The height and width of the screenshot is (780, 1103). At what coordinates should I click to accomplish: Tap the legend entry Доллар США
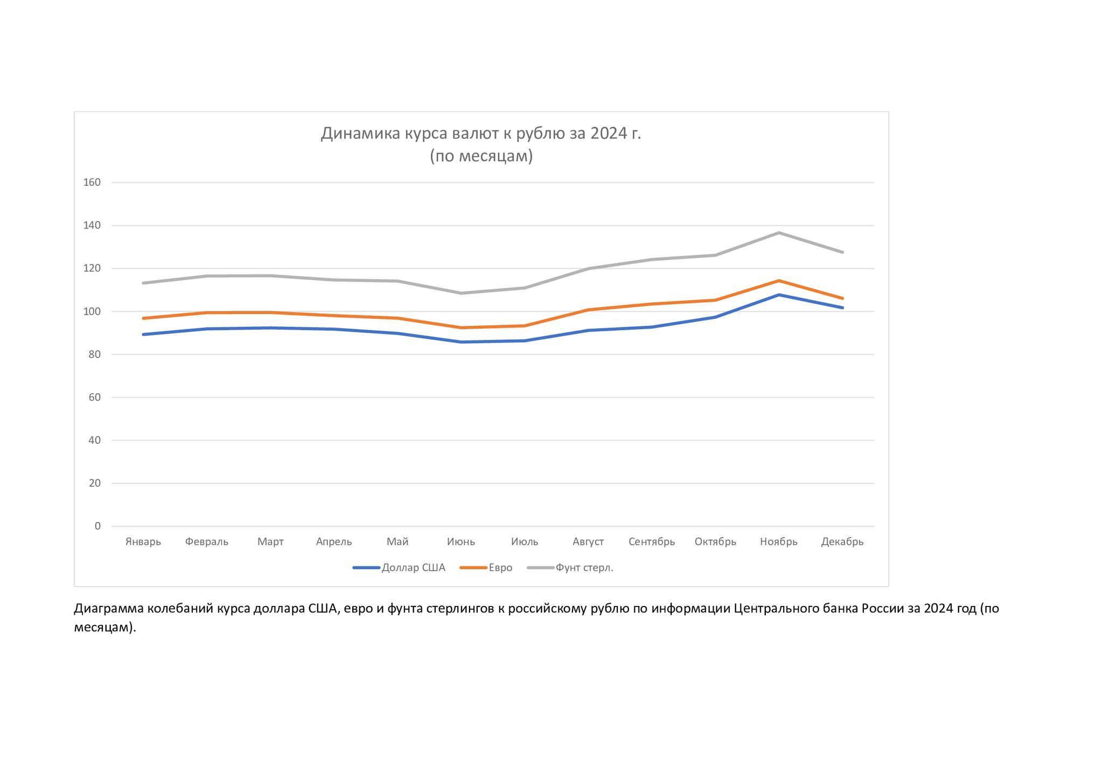coord(413,568)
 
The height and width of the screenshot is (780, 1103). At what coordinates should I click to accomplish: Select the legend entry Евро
coord(500,568)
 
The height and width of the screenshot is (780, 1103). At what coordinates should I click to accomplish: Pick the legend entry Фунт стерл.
coord(584,568)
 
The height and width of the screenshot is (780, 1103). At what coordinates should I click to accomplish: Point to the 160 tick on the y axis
coord(92,183)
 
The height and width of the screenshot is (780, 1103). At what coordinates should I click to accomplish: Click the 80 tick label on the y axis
coord(95,354)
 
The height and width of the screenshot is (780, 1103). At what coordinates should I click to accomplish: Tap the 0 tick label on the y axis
coord(97,526)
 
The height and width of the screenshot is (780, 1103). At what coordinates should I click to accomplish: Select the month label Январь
coord(143,542)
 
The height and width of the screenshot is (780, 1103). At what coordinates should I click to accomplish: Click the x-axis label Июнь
coord(461,542)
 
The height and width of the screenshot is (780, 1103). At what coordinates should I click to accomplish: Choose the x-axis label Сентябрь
coord(652,542)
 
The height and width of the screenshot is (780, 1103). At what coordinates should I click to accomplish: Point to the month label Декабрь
coord(842,542)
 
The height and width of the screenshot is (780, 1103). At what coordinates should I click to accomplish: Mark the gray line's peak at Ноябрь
coord(779,233)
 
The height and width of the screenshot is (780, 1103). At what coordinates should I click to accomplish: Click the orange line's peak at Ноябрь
coord(779,281)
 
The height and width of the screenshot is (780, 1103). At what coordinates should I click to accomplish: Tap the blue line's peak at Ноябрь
coord(779,295)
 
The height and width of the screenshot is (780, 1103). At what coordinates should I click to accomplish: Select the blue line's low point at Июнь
coord(461,342)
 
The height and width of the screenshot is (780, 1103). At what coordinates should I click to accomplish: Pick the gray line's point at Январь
coord(143,283)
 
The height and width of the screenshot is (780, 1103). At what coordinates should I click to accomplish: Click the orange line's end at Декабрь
coord(842,298)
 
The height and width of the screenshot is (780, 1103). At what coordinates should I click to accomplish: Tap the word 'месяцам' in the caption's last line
coord(102,628)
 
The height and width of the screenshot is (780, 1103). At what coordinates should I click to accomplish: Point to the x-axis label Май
coord(397,542)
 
